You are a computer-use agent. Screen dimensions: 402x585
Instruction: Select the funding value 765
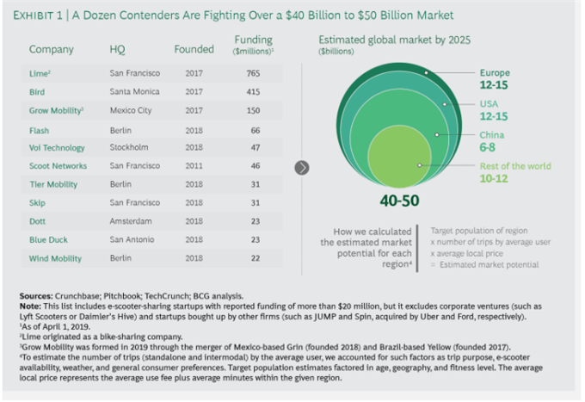(x=253, y=73)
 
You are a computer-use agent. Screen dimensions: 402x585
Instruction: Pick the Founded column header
(x=194, y=49)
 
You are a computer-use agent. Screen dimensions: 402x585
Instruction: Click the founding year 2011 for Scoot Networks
(x=194, y=165)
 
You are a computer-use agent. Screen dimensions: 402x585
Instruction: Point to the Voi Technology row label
(x=57, y=147)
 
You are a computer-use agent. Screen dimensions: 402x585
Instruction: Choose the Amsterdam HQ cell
(x=130, y=221)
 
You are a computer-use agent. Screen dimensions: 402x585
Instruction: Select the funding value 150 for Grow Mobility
(x=253, y=110)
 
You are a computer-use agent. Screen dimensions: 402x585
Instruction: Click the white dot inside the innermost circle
(x=420, y=164)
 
